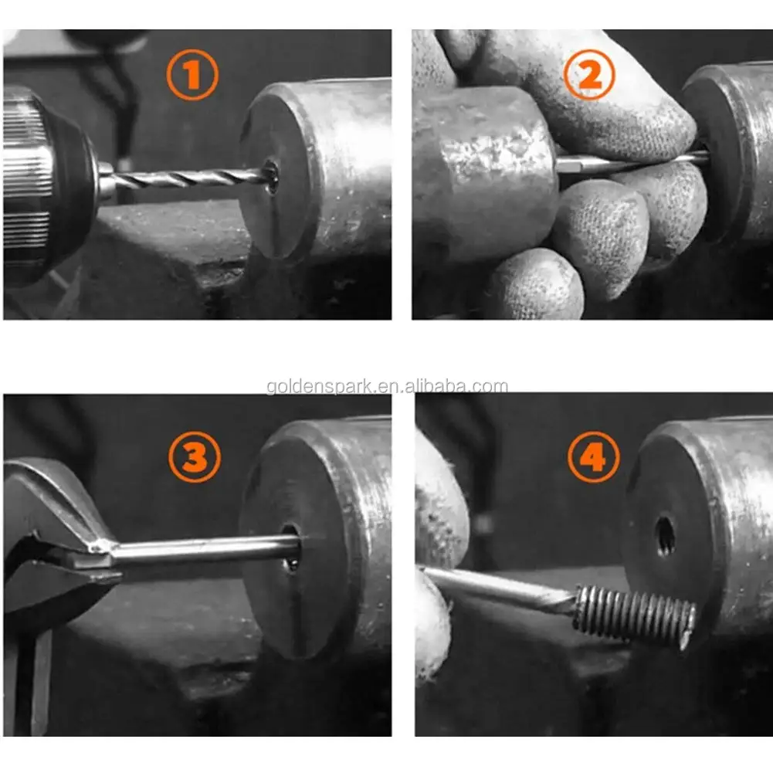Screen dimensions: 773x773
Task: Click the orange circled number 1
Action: (x=192, y=75)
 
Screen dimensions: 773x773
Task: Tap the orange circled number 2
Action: (x=589, y=76)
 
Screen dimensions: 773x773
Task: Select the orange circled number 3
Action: (x=195, y=457)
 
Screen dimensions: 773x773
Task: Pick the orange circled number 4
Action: (x=593, y=457)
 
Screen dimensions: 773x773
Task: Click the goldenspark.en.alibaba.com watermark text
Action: (x=387, y=387)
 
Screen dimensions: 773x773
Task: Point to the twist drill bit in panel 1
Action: (x=185, y=178)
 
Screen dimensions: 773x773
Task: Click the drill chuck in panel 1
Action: (x=46, y=181)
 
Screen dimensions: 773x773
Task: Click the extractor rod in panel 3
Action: (x=201, y=551)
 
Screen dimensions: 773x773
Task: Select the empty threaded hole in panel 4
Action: (x=663, y=536)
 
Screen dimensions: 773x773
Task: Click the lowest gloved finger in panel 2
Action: (x=533, y=286)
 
